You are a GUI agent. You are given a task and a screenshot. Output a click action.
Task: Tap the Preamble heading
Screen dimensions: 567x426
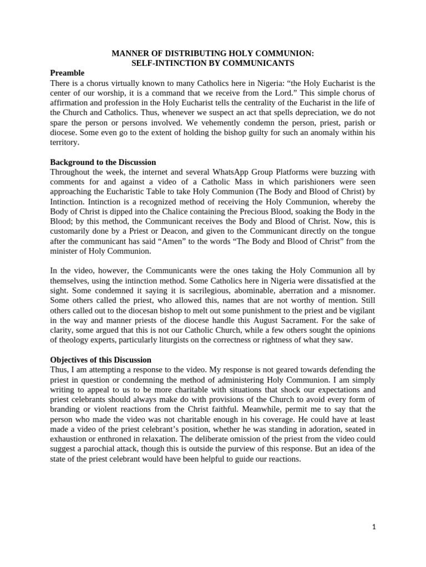tap(67, 73)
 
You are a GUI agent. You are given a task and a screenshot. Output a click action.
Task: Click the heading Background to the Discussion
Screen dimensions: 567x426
tap(103, 162)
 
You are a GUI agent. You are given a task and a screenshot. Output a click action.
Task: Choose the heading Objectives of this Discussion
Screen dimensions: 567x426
tap(100, 360)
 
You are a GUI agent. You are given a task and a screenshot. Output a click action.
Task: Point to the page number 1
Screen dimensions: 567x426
tap(374, 527)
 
